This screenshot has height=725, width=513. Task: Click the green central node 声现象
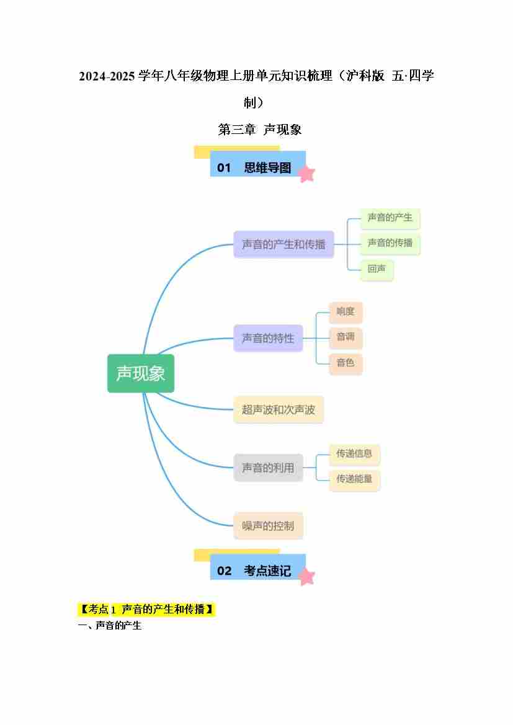tap(141, 373)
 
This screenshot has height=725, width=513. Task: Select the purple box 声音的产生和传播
tap(283, 244)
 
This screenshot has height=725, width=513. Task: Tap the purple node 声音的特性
tap(268, 338)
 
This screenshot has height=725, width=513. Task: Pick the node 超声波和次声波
tap(279, 409)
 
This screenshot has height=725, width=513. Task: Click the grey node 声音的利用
tap(268, 468)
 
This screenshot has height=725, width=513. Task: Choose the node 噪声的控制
tap(268, 526)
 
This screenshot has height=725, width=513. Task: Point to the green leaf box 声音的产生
tap(390, 218)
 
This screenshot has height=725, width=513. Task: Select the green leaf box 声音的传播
tap(390, 243)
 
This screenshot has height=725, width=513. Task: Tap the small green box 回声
tap(377, 269)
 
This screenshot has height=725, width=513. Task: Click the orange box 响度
tap(346, 312)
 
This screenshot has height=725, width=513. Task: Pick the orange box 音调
tap(346, 337)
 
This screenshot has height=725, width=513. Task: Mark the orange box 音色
tap(346, 363)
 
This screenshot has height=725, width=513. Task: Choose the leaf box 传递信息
tap(354, 454)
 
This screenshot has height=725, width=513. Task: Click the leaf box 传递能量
tap(354, 479)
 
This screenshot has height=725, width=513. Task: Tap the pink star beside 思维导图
tap(306, 174)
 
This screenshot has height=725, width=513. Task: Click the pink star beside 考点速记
tap(306, 577)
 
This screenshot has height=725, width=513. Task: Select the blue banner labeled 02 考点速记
tap(257, 567)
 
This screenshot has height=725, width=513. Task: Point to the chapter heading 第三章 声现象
tap(260, 130)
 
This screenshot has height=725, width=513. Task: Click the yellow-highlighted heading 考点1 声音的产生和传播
tap(146, 610)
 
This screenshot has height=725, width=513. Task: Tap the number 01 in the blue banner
tap(224, 168)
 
